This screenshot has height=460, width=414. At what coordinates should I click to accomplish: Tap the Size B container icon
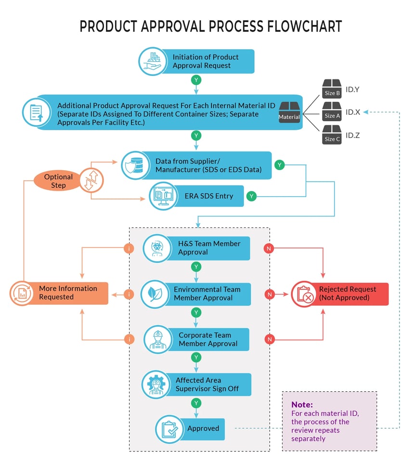[332, 89]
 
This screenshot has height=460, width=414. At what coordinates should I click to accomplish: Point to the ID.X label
[353, 112]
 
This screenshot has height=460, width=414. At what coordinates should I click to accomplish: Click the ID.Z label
[353, 136]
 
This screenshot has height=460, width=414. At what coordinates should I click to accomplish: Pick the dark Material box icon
[289, 112]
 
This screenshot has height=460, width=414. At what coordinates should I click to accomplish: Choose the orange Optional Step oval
[58, 181]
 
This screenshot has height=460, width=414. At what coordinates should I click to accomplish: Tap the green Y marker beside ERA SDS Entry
[251, 196]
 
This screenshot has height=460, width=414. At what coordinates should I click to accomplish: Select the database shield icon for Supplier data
[134, 165]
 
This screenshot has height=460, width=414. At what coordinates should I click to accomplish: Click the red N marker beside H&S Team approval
[270, 248]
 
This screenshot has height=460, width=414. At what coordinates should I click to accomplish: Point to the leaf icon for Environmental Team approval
[154, 294]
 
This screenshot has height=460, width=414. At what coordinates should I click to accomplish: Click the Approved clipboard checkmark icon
[169, 429]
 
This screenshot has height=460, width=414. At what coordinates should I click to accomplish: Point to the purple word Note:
[302, 405]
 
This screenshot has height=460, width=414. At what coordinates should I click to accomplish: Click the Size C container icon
[332, 136]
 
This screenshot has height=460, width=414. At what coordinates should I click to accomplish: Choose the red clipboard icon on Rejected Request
[304, 294]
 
